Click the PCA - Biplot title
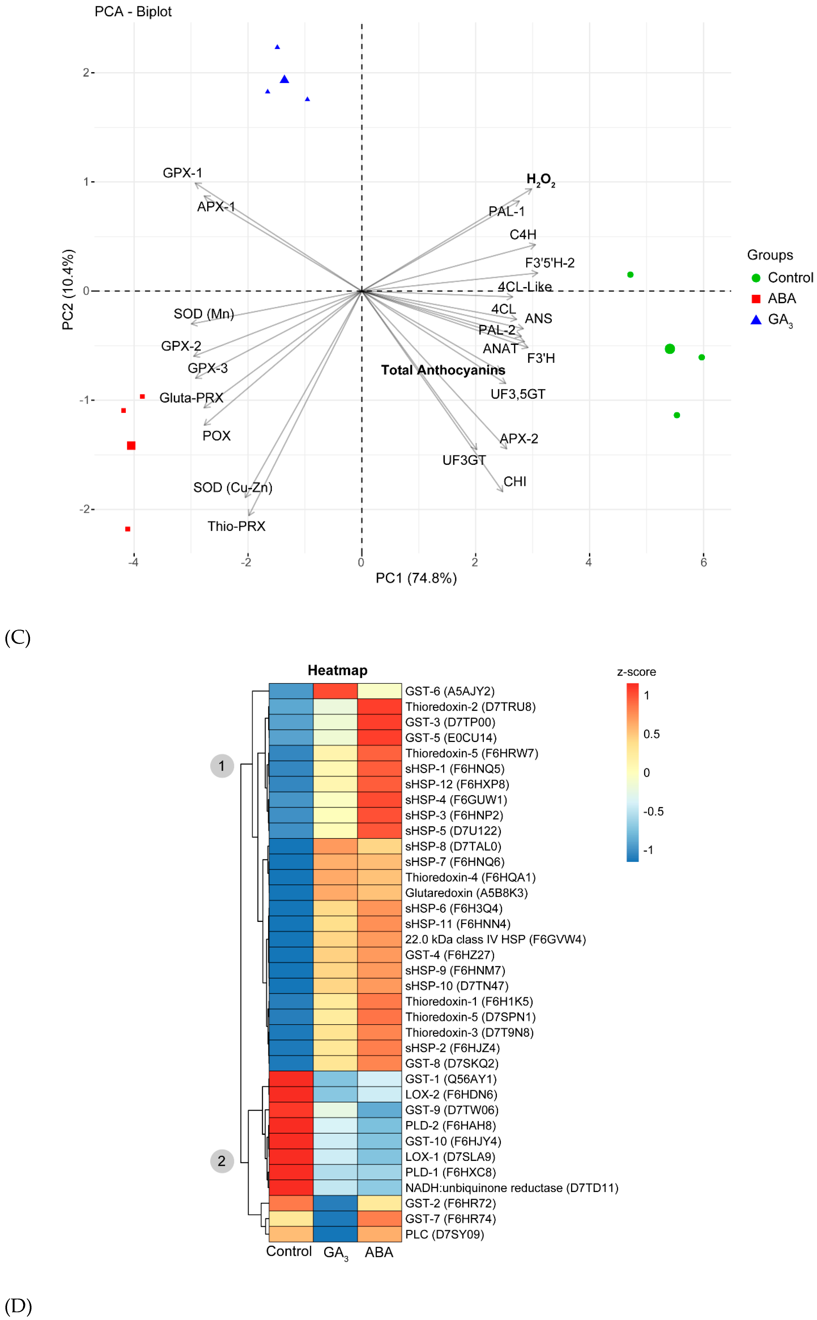pos(133,11)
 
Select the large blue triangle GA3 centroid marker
pos(284,79)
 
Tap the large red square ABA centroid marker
pos(131,445)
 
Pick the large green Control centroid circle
pos(669,349)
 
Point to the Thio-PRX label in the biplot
pos(236,526)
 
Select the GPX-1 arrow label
pos(182,173)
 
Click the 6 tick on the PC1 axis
pos(703,562)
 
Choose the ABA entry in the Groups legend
pos(781,298)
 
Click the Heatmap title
pos(337,670)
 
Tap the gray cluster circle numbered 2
pos(222,1161)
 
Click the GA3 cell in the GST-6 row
pos(335,691)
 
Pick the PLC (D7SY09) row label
pos(444,1234)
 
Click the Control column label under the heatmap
pos(288,1251)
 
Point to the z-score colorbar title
pos(636,672)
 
